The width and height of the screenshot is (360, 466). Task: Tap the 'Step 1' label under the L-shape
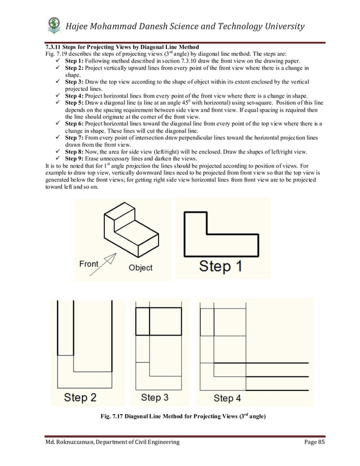[221, 266]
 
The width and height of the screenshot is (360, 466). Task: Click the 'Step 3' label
[155, 397]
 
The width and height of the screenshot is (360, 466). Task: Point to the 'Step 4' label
[227, 398]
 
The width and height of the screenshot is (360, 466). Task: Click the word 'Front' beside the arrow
[89, 263]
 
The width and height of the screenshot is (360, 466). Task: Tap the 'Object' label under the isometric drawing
[140, 267]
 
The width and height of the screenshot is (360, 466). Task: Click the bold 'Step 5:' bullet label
[76, 103]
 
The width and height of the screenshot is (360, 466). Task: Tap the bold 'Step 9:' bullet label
[76, 159]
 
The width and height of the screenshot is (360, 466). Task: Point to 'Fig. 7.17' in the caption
[112, 417]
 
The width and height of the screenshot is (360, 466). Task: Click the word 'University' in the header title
[281, 26]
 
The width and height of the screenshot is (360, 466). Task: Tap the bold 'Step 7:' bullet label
[76, 138]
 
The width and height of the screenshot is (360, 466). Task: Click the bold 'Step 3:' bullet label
[76, 83]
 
